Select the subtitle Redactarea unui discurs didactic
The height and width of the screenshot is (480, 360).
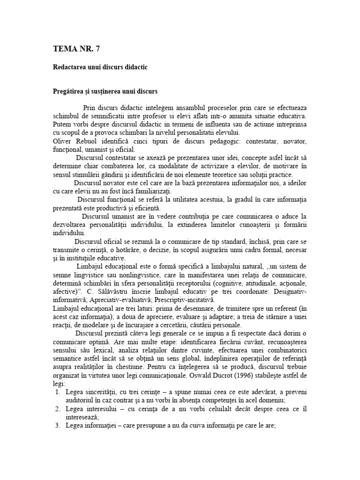pyautogui.click(x=100, y=67)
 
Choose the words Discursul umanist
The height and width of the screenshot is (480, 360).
pyautogui.click(x=108, y=216)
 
